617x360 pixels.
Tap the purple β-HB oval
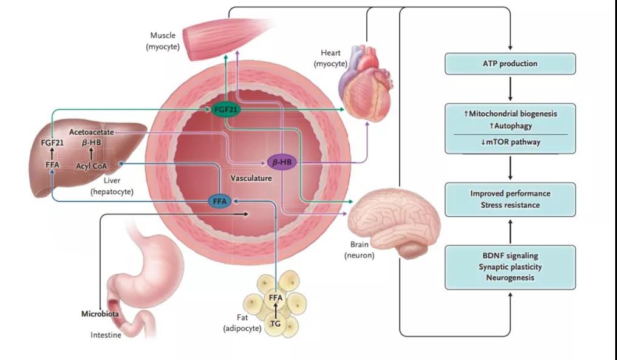click(x=282, y=162)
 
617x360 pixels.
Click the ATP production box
click(x=510, y=63)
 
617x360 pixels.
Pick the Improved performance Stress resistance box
click(x=510, y=199)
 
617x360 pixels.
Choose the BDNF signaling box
click(x=510, y=267)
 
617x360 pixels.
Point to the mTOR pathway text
click(x=510, y=142)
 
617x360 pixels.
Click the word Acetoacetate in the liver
click(x=91, y=132)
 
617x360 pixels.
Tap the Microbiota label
click(x=100, y=314)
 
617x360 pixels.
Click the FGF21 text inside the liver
click(x=52, y=143)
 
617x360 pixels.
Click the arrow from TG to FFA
click(x=276, y=310)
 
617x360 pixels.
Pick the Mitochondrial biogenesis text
click(x=510, y=114)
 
